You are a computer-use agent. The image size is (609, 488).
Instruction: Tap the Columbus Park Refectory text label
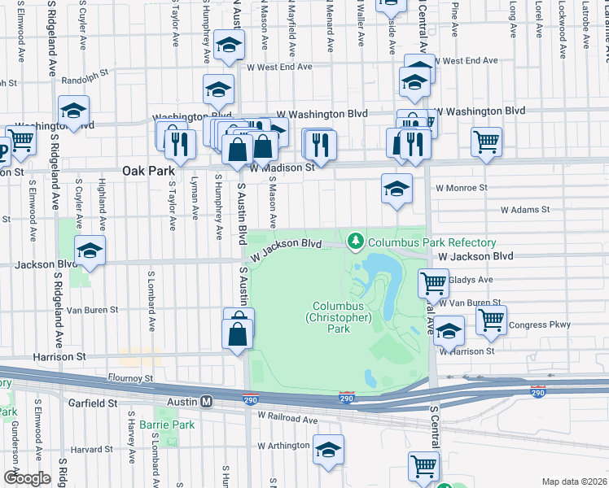pos(432,242)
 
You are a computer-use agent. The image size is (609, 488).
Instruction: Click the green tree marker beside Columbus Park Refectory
pos(355,242)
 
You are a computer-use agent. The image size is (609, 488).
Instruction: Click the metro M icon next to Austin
pos(207,402)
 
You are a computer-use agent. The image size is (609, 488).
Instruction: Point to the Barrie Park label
pos(166,425)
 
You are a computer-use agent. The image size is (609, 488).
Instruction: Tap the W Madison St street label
pos(282,168)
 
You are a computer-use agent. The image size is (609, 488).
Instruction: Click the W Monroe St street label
pos(461,188)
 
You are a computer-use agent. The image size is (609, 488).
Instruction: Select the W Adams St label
pos(525,210)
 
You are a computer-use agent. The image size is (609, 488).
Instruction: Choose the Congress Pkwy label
pos(540,325)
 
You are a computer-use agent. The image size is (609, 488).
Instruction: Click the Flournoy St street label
pos(131,378)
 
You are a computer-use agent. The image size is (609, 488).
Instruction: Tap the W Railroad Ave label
pos(287,418)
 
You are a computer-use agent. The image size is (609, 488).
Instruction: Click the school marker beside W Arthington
pos(328,450)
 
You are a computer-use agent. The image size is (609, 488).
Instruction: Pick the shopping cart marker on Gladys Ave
pos(434,283)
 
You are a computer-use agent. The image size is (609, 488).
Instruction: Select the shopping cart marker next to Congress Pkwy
pos(491,320)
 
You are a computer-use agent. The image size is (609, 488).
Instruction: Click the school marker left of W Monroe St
pos(396,190)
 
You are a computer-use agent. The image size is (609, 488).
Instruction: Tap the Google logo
pos(27,478)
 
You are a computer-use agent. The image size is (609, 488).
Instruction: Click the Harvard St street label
pos(85,449)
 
